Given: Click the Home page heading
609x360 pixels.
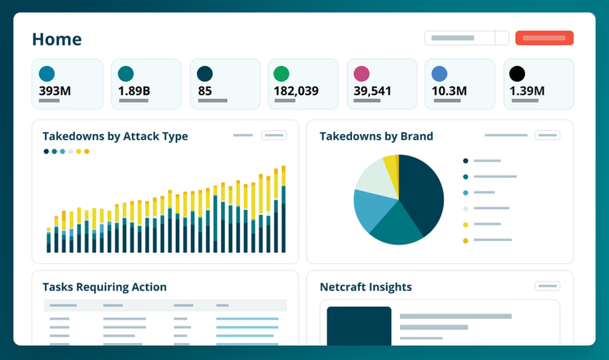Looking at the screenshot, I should tap(57, 40).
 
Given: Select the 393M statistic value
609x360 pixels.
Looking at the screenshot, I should tap(55, 91).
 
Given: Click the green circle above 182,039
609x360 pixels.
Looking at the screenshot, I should tap(281, 74).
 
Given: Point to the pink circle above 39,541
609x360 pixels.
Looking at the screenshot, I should tap(362, 74).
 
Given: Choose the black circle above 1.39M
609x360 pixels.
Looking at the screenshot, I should tap(517, 74).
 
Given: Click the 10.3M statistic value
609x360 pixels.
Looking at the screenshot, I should tap(449, 91).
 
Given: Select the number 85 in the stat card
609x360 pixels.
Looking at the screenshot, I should tap(205, 91).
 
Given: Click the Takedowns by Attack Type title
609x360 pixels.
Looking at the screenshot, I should tap(115, 136).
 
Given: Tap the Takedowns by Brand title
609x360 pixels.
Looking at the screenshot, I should tap(376, 136).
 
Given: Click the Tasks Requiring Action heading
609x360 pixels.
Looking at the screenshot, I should tap(104, 287).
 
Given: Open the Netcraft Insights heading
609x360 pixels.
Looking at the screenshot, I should tap(365, 287).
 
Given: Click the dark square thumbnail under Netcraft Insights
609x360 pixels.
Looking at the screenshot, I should tap(359, 326).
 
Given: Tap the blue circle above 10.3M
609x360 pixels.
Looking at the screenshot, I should tap(439, 74).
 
